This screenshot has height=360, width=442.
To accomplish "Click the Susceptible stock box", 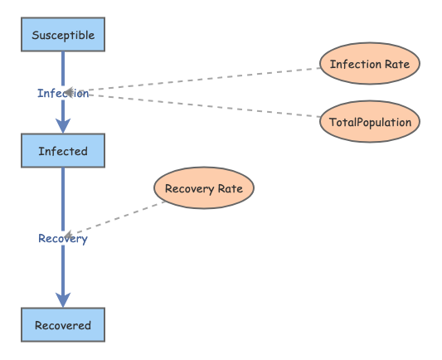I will (x=63, y=35).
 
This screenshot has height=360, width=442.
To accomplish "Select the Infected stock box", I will (x=63, y=151).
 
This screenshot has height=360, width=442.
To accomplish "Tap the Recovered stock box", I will (x=63, y=325).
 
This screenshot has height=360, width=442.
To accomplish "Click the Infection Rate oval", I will (x=370, y=64).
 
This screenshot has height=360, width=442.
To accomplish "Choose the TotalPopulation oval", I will (x=370, y=122).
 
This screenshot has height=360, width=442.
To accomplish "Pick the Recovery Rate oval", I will (x=204, y=188).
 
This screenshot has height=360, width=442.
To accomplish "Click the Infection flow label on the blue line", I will (x=63, y=93).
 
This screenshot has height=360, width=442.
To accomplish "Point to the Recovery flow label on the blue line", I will (x=63, y=238).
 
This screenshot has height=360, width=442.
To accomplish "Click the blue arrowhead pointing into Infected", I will (x=63, y=126).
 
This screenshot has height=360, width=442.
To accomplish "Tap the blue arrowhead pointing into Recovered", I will (x=63, y=299).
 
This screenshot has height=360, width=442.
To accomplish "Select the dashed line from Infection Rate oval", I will (x=199, y=80).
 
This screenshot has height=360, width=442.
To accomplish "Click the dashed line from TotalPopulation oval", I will (x=199, y=105).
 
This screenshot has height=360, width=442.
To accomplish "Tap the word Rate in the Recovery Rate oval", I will (x=230, y=188).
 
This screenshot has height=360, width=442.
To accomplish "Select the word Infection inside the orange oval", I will (x=355, y=64).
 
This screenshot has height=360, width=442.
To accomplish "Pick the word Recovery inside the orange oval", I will (x=190, y=188).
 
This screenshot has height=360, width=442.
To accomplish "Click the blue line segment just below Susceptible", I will (x=63, y=66).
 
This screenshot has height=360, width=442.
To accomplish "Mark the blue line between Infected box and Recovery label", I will (x=63, y=199).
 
